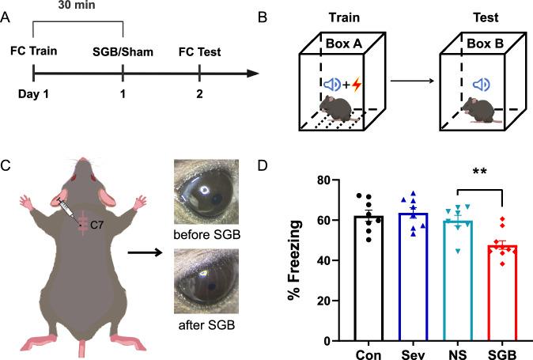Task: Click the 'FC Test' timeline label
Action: pyautogui.click(x=199, y=54)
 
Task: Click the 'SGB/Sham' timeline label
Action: pyautogui.click(x=122, y=54)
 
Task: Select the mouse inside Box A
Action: pyautogui.click(x=342, y=108)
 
